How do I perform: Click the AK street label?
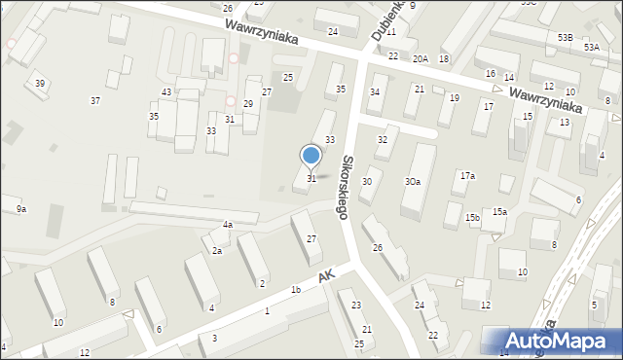coord(327,279)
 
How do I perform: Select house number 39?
coord(40,83)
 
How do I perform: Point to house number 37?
coord(95,101)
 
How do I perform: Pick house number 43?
coord(166,92)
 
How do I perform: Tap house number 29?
coord(248,104)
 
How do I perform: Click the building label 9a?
coord(20,209)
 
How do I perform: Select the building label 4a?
coord(228,225)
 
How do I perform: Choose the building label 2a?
coord(218,251)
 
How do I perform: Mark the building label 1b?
coord(295,289)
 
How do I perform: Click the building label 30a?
coord(413,182)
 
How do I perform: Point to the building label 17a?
coord(467,176)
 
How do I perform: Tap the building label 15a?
coord(499,211)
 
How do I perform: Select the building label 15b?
coord(472,217)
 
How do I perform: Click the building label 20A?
coord(420,59)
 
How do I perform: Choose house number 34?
coord(374,92)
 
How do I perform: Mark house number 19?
coord(454,98)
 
